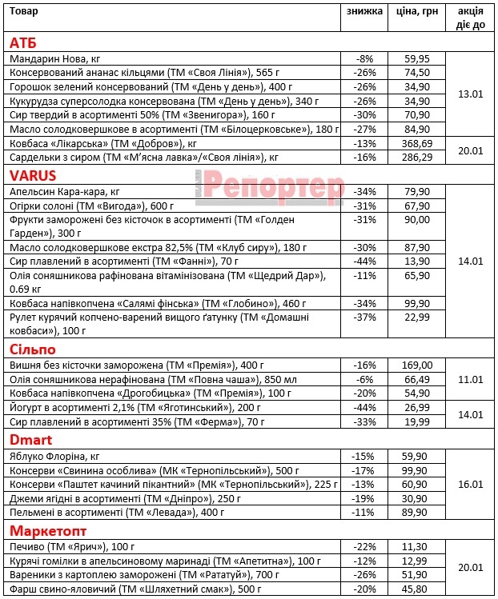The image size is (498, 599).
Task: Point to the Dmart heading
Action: pos(30,439)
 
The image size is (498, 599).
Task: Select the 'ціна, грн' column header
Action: pos(417,12)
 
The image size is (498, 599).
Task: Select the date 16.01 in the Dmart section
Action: pos(470,484)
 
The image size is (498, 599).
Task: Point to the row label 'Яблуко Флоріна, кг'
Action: pos(54,455)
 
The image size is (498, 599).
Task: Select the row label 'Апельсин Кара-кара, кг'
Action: pos(64,192)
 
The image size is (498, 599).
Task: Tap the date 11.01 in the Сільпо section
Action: pos(470,379)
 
